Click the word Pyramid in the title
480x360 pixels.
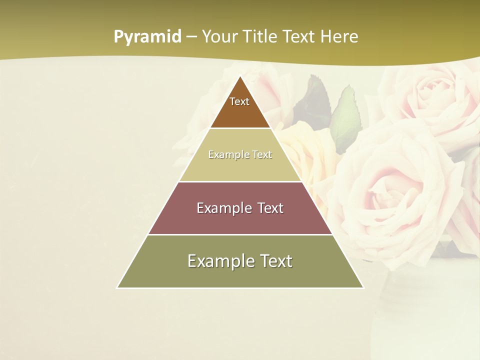(147, 37)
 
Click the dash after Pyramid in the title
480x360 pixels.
(191, 37)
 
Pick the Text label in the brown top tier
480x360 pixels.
(239, 101)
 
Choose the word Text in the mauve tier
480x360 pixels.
(270, 208)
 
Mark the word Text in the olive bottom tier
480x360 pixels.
(276, 261)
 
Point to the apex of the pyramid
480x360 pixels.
(240, 76)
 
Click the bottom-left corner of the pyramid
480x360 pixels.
(117, 287)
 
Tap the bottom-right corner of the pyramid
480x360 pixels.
(363, 287)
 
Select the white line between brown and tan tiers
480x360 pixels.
(240, 128)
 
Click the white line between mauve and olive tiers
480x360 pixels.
(240, 234)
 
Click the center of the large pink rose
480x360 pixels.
(385, 190)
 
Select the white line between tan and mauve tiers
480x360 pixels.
(240, 181)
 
